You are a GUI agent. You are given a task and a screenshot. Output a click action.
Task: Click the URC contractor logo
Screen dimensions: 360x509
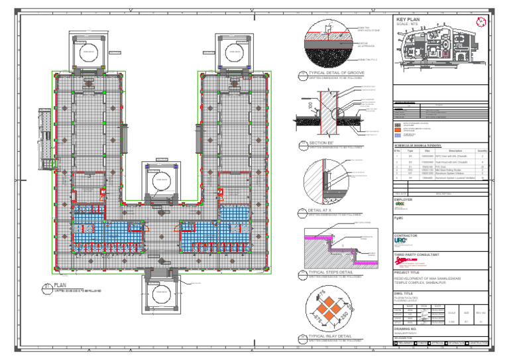(x=401, y=242)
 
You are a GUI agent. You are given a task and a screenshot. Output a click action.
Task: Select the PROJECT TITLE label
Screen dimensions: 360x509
(x=408, y=272)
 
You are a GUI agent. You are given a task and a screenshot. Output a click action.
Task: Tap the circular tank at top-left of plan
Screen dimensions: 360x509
(x=88, y=50)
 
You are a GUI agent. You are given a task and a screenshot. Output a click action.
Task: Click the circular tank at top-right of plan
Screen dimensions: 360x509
(x=233, y=50)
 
